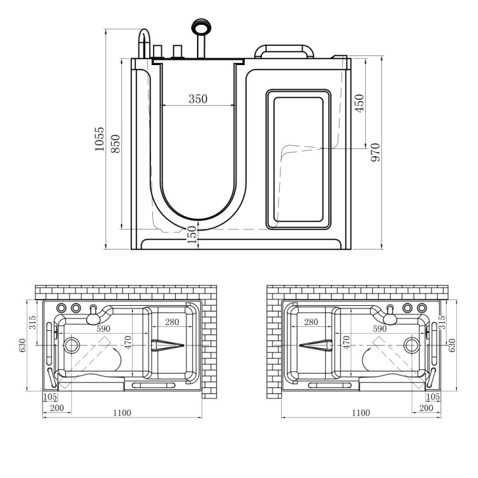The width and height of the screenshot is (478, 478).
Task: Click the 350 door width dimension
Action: [198, 99]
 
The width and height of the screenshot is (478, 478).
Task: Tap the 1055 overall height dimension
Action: [99, 139]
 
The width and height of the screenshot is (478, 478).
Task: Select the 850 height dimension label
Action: [115, 143]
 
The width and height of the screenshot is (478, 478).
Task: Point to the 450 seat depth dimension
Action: [359, 103]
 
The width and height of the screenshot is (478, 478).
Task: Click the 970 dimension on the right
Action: [375, 152]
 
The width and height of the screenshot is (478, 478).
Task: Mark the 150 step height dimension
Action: [192, 235]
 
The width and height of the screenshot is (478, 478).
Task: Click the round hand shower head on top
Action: [200, 27]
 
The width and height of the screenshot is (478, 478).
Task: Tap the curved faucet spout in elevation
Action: [145, 43]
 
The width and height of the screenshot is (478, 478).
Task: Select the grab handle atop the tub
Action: [284, 51]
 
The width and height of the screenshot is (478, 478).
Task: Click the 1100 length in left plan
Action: [122, 413]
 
